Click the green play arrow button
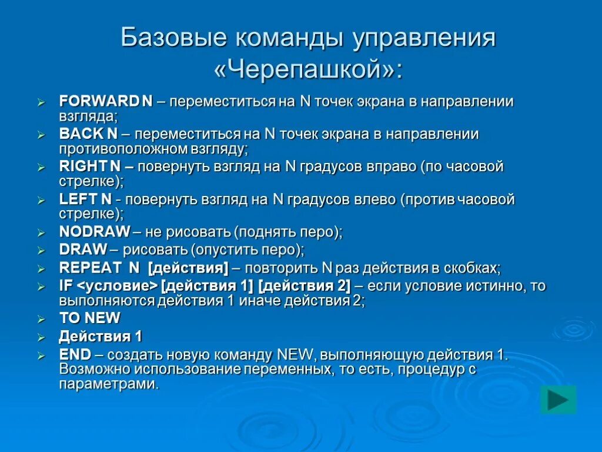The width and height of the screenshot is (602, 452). pyautogui.click(x=558, y=400)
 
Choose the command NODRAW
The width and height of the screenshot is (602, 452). pyautogui.click(x=95, y=232)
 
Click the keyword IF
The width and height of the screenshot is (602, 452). pyautogui.click(x=66, y=287)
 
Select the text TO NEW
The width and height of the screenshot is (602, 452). pyautogui.click(x=89, y=318)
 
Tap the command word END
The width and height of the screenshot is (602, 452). pyautogui.click(x=75, y=355)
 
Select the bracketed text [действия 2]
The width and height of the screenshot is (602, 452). pyautogui.click(x=304, y=287)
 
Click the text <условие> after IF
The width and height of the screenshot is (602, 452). pyautogui.click(x=117, y=287)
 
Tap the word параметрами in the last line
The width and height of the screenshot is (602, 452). pyautogui.click(x=109, y=384)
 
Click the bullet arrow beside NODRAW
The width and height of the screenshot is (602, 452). pyautogui.click(x=41, y=233)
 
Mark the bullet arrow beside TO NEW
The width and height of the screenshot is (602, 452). pyautogui.click(x=41, y=320)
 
